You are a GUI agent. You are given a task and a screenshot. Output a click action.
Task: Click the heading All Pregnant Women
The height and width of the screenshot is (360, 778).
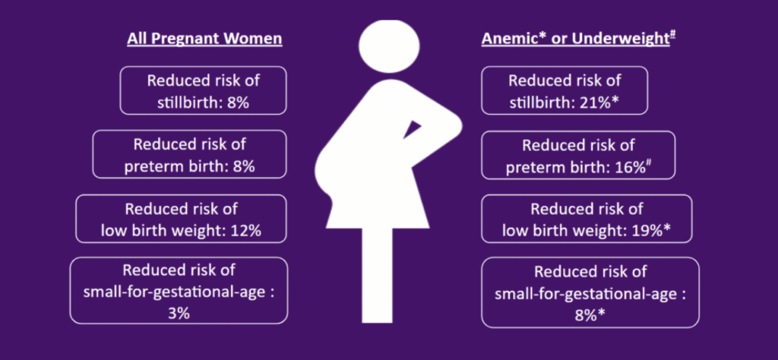pos(204,39)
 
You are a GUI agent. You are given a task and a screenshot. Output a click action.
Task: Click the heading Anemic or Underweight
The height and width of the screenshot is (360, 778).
pos(578,39)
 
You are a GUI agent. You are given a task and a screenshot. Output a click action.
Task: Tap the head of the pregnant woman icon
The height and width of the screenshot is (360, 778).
pos(389,46)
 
